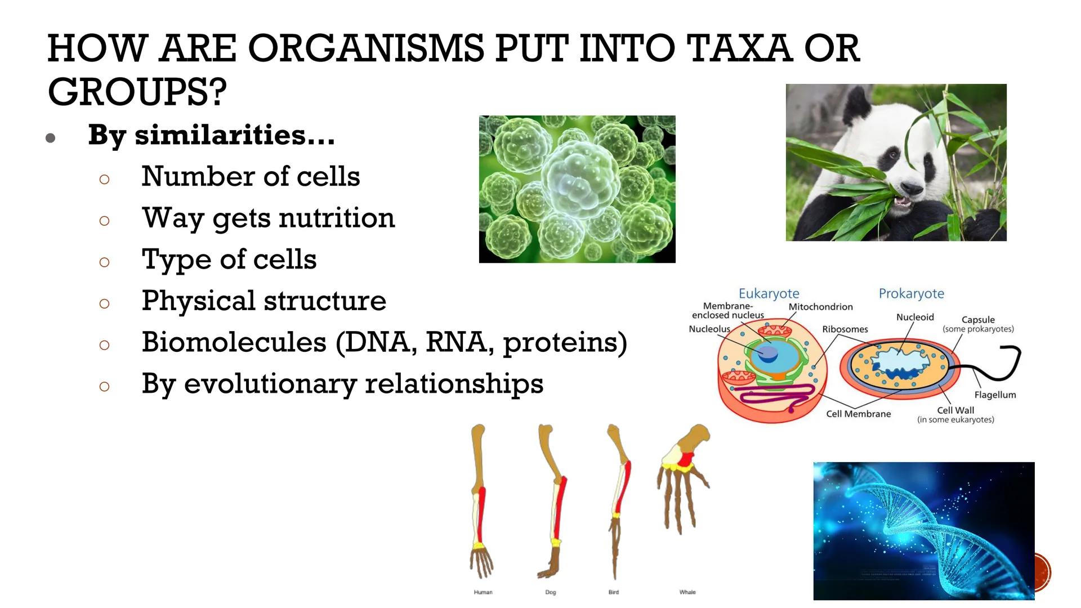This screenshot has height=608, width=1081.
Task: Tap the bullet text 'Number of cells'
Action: point(251,176)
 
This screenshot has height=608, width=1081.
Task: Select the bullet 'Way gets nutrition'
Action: point(268,218)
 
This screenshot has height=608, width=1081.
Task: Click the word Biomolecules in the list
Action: point(234,342)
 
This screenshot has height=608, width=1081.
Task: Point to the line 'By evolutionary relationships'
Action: point(342,384)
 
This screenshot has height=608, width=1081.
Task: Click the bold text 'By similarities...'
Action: point(211,135)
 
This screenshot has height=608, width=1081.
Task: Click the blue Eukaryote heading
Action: point(769,293)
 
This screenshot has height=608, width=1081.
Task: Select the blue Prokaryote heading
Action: point(911,293)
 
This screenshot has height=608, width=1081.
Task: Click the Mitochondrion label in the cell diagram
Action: point(820,307)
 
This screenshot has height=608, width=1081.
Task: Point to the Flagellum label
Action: point(995,395)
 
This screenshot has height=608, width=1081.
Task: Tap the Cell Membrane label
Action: point(858,414)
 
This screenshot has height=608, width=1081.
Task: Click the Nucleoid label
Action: point(915,318)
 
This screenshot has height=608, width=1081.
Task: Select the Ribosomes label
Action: point(845,329)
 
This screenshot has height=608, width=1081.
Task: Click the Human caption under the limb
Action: point(483,592)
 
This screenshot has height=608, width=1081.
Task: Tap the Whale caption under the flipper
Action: point(687,592)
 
